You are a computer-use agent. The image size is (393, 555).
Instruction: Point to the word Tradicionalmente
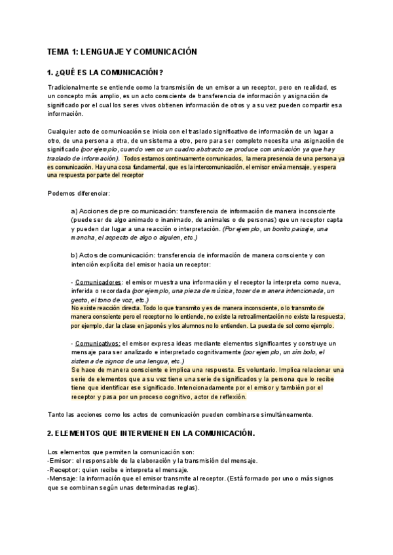point(75,87)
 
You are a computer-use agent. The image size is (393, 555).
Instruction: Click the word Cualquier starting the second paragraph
point(63,132)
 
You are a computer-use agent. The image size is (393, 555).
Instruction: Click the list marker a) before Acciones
point(74,211)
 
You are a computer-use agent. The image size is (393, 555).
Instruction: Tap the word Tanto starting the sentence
point(57,414)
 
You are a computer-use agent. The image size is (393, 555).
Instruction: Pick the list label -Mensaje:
point(64,479)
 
